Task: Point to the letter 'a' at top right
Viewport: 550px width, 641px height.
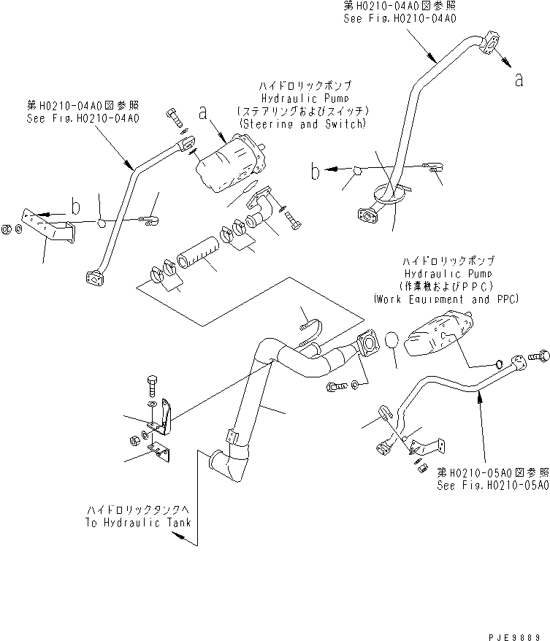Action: tap(519, 80)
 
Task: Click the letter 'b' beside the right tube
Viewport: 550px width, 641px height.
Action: tap(315, 173)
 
